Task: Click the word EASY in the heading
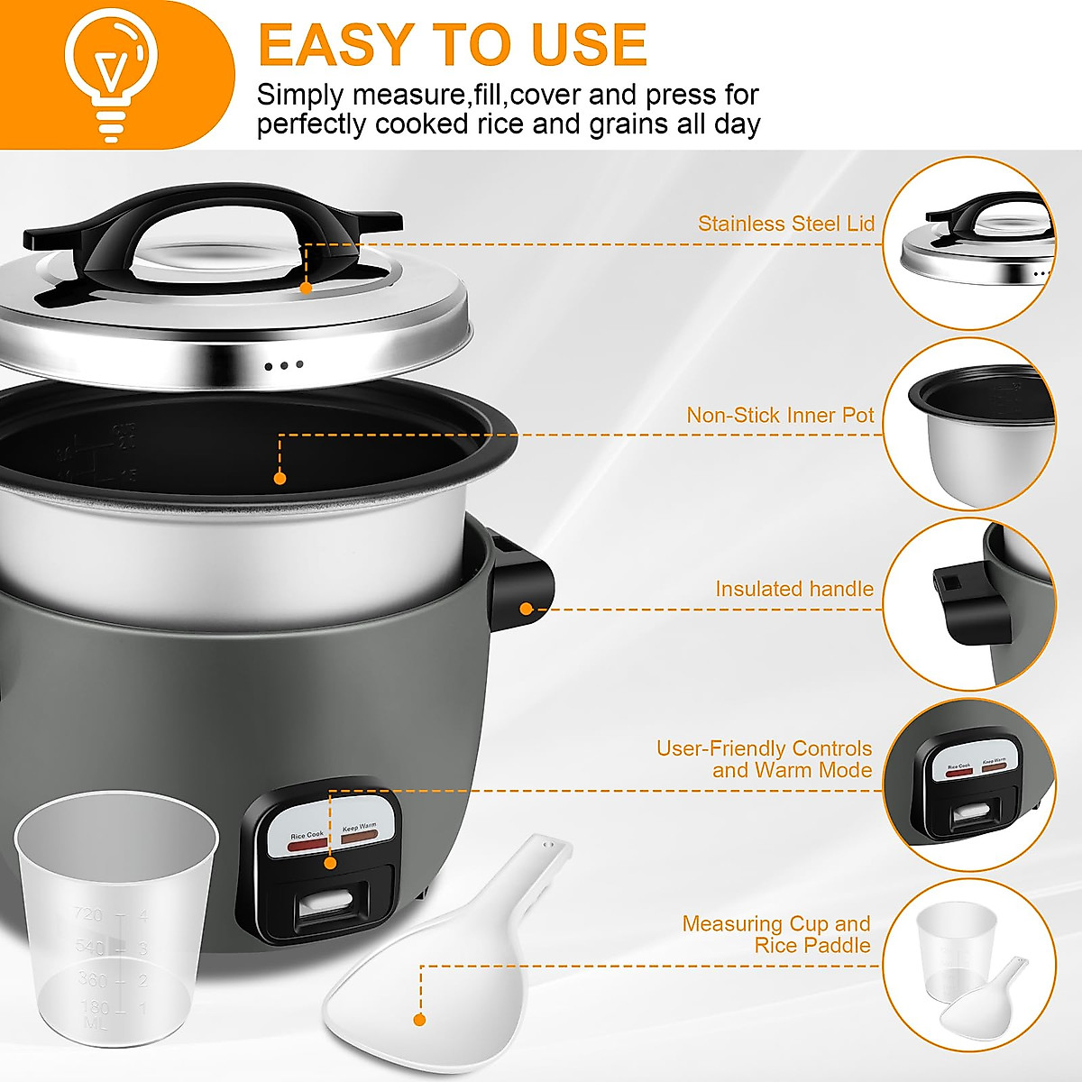(335, 45)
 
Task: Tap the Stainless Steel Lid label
(785, 224)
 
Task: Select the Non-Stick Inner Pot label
(780, 415)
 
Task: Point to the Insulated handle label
(793, 589)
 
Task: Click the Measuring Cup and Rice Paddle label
(776, 934)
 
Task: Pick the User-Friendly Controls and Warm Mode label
(765, 759)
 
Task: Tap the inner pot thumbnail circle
(969, 425)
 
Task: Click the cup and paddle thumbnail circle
(969, 966)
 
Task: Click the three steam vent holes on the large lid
(284, 366)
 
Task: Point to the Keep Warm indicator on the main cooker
(360, 835)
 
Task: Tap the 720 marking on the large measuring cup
(89, 915)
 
